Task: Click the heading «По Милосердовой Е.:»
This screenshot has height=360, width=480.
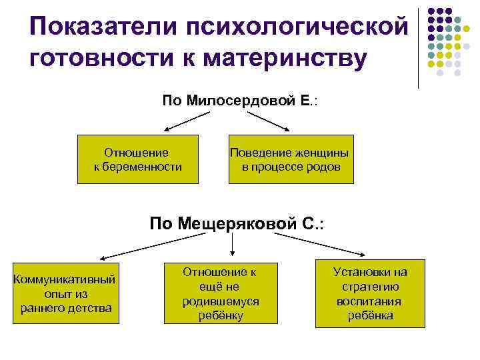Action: [240, 101]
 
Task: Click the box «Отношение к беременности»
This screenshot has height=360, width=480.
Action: [139, 159]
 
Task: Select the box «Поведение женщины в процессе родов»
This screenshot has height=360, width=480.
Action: [291, 159]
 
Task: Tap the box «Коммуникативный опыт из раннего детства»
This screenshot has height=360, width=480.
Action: [65, 293]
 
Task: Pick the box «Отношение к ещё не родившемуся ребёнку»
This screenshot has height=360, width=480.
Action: [221, 293]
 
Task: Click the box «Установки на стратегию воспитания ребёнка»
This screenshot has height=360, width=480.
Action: [370, 293]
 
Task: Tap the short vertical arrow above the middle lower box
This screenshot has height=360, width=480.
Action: [231, 246]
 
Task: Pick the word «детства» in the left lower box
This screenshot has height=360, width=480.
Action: [91, 307]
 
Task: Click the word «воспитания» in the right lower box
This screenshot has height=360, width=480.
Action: [370, 301]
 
